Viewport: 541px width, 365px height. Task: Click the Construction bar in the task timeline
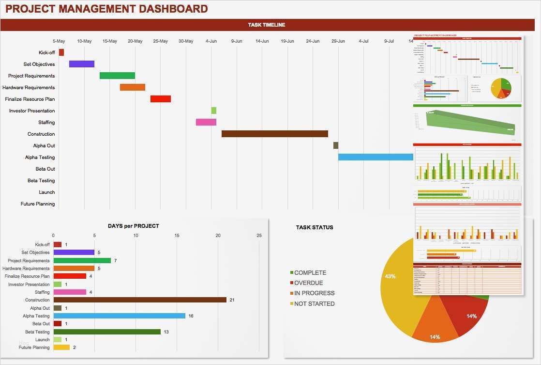[x=274, y=134]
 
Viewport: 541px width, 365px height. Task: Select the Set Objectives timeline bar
[x=81, y=64]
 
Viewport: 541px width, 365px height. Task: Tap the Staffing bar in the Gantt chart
[x=206, y=122]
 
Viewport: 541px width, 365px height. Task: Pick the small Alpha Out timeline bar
[x=335, y=145]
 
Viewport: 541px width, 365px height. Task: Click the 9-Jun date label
[x=237, y=41]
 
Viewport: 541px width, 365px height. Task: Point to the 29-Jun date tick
[x=338, y=41]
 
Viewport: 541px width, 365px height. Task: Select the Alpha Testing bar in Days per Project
[x=119, y=316]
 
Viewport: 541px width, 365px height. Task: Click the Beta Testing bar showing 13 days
[x=107, y=332]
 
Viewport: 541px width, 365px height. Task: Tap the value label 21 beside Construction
[x=232, y=300]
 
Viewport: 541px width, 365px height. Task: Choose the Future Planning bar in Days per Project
[x=61, y=347]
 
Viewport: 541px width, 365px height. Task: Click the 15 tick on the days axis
[x=177, y=236]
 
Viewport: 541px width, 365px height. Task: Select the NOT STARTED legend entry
[x=314, y=304]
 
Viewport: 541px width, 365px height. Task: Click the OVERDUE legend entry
[x=308, y=283]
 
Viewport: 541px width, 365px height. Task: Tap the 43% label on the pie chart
[x=390, y=276]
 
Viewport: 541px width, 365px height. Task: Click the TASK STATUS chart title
[x=315, y=227]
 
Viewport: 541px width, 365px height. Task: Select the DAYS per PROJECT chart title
[x=133, y=226]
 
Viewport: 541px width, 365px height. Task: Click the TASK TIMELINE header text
[x=267, y=25]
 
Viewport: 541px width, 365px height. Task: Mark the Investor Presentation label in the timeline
[x=31, y=111]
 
